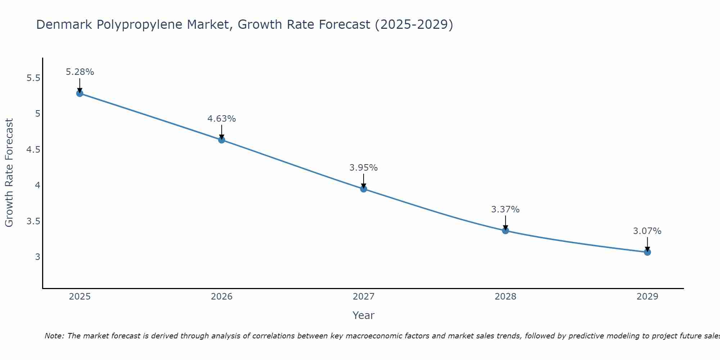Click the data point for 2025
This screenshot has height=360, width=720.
click(x=80, y=93)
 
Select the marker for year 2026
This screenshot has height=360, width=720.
click(x=221, y=140)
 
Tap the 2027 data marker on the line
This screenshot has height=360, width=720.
click(x=364, y=189)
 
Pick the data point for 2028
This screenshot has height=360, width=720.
click(x=505, y=230)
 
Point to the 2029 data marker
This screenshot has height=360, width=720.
click(x=647, y=252)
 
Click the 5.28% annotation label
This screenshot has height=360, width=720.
click(x=80, y=72)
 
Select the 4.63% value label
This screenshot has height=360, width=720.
click(x=221, y=119)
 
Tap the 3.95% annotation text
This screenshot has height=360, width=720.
click(x=364, y=168)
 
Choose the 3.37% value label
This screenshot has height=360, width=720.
click(x=505, y=210)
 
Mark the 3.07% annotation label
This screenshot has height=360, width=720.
click(x=647, y=231)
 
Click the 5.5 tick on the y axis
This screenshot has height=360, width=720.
click(x=33, y=78)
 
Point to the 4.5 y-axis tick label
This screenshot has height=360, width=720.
click(x=33, y=150)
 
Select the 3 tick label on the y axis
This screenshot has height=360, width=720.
click(x=37, y=257)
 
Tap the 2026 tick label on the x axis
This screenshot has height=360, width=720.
click(x=221, y=297)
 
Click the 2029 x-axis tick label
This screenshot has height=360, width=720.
click(x=647, y=297)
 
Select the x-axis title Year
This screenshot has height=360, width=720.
click(x=364, y=315)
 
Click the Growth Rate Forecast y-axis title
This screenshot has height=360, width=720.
click(x=9, y=173)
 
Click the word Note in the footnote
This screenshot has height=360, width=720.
click(x=54, y=336)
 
